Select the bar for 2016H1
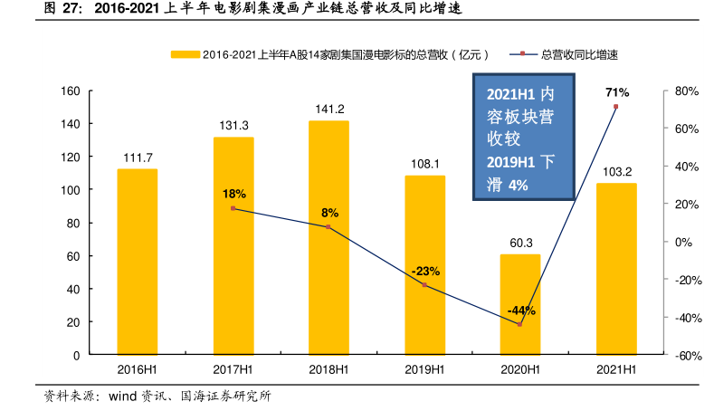137,262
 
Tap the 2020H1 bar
520,304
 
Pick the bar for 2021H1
616,269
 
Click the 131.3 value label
233,126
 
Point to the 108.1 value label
424,164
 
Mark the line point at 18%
233,208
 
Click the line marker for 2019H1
424,285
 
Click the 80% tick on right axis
684,91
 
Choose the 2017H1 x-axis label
233,369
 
